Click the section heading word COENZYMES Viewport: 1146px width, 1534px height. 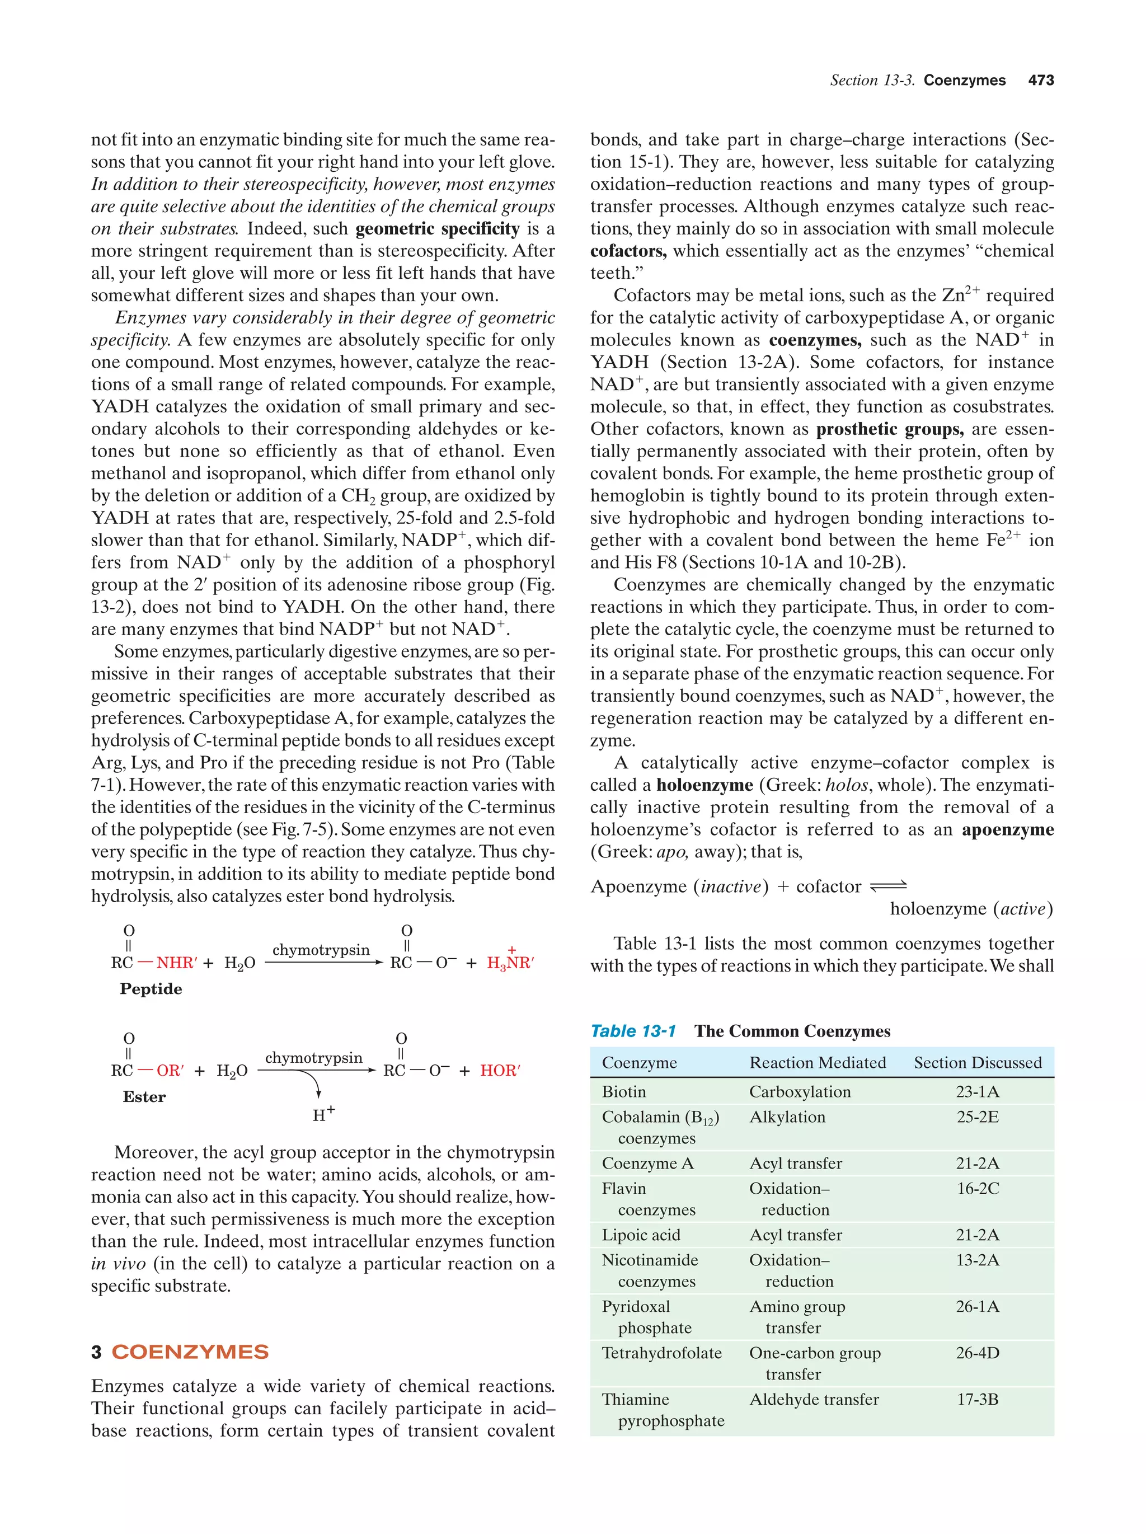190,1352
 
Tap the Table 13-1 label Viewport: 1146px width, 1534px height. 632,1031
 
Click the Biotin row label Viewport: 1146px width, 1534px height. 623,1092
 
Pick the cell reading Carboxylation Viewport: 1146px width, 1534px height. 800,1092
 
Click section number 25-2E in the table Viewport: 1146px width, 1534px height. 978,1117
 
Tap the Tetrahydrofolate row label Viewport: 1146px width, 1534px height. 661,1353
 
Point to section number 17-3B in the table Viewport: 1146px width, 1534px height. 978,1400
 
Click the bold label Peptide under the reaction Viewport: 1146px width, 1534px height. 151,989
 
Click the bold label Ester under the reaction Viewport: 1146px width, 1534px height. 144,1097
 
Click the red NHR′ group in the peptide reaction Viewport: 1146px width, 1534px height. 177,963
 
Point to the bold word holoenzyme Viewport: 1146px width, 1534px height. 704,785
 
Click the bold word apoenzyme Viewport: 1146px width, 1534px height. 1007,829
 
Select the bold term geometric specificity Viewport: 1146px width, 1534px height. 437,229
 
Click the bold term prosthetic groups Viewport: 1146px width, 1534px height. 890,429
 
